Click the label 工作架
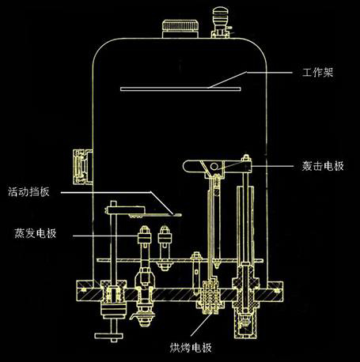point(317,73)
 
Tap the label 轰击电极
point(323,166)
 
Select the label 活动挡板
point(28,191)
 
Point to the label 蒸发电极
point(36,233)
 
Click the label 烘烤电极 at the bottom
point(191,348)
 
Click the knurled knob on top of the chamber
point(180,28)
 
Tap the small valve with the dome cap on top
point(221,22)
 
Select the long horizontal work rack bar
point(180,89)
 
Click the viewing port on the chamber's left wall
point(82,167)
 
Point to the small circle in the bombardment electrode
point(214,167)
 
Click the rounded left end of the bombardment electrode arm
point(186,167)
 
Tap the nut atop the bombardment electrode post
point(246,158)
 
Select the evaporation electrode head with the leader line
point(144,235)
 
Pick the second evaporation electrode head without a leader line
point(165,235)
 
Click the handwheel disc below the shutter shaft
point(109,336)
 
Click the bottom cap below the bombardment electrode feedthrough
point(245,326)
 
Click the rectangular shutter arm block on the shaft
point(124,210)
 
